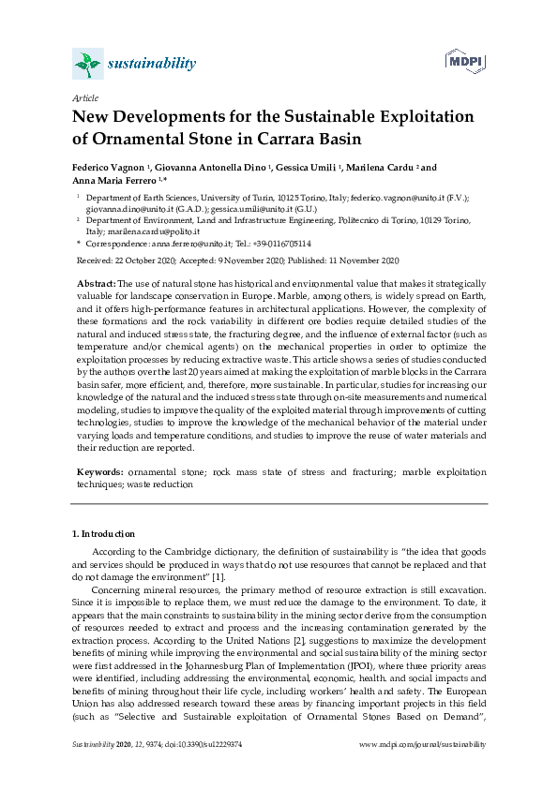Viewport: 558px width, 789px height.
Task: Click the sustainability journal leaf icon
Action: [x=87, y=64]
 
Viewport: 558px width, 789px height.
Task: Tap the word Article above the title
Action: [x=84, y=97]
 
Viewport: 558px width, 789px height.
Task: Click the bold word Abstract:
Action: [x=96, y=283]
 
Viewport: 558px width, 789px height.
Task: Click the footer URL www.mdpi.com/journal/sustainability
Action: [x=423, y=744]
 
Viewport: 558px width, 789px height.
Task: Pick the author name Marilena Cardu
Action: [x=375, y=168]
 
